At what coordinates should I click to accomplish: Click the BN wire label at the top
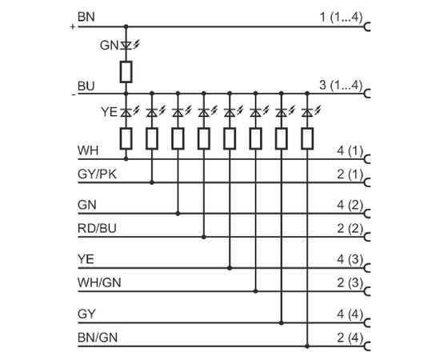click(x=86, y=17)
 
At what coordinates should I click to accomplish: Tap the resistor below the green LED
click(x=126, y=72)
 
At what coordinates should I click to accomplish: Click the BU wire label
click(x=86, y=86)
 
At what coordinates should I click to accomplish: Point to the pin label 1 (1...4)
click(x=342, y=18)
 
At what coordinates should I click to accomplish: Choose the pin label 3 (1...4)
click(x=341, y=85)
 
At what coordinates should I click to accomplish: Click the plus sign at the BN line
click(x=73, y=27)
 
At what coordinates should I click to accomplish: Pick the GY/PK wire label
click(x=97, y=174)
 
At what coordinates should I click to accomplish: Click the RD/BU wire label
click(x=97, y=229)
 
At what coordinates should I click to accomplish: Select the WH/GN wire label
click(x=99, y=282)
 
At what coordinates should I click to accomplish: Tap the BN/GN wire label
click(x=98, y=338)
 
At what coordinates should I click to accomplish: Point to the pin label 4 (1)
click(x=350, y=151)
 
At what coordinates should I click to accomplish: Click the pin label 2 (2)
click(x=350, y=229)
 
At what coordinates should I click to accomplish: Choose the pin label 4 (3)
click(x=350, y=259)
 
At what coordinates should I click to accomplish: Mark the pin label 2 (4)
click(x=350, y=338)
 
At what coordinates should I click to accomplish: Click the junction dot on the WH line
click(x=126, y=159)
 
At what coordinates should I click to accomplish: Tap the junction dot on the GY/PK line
click(x=152, y=182)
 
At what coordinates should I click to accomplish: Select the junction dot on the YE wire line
click(x=230, y=268)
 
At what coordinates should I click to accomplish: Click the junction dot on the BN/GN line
click(x=307, y=346)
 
